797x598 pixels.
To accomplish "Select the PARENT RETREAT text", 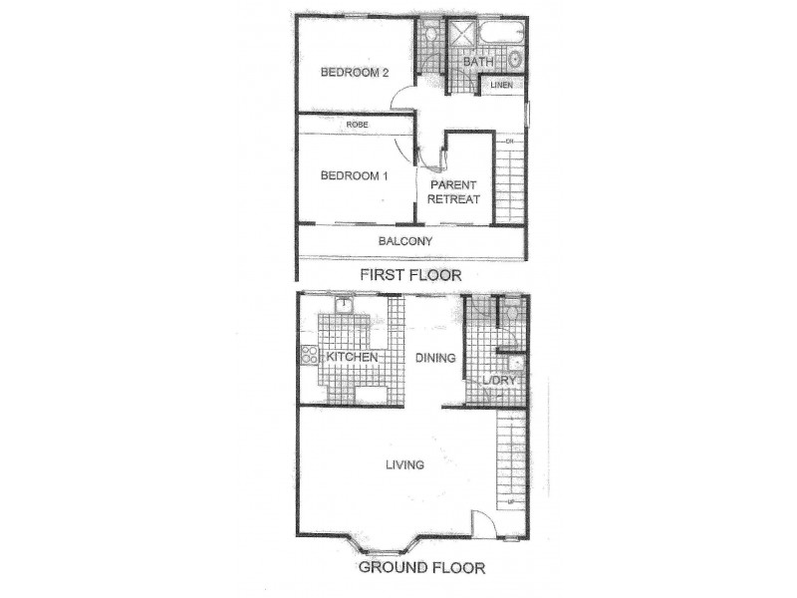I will (454, 192).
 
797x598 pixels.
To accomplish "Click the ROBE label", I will (358, 125).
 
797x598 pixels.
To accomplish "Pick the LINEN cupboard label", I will (501, 87).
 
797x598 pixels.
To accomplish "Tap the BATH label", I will (477, 62).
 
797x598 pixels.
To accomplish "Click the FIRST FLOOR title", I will (409, 273).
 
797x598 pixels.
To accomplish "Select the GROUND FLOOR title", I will (421, 569).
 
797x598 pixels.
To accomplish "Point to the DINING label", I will (435, 358).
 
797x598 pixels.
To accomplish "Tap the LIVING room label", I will (404, 464).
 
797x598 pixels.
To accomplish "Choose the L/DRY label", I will (496, 382).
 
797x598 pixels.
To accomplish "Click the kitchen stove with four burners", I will (307, 356).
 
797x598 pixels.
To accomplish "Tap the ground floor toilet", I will (510, 314).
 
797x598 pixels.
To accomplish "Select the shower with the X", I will (460, 36).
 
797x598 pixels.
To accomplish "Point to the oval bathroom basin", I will (514, 58).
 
